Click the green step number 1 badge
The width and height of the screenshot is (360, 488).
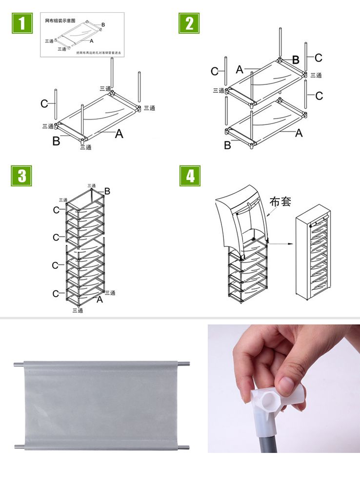coord(21,23)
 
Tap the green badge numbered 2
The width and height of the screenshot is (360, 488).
coord(189,23)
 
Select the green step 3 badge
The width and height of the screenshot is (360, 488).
coord(21,176)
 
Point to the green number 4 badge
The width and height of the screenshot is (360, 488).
coord(190,176)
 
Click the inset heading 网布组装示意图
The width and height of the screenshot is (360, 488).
coord(60,20)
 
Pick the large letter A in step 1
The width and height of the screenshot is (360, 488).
coord(119,134)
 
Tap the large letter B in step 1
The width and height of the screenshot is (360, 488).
coord(56,142)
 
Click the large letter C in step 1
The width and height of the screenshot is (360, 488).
coord(44,104)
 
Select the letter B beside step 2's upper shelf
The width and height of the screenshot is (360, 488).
coord(296,61)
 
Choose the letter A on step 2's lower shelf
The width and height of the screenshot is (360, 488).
coord(299,133)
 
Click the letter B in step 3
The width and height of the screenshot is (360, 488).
coord(107,192)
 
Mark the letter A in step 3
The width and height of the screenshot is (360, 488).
coord(100,300)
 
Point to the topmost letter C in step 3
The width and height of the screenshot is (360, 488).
coord(57,210)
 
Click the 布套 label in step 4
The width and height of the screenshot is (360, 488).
coord(280,202)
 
